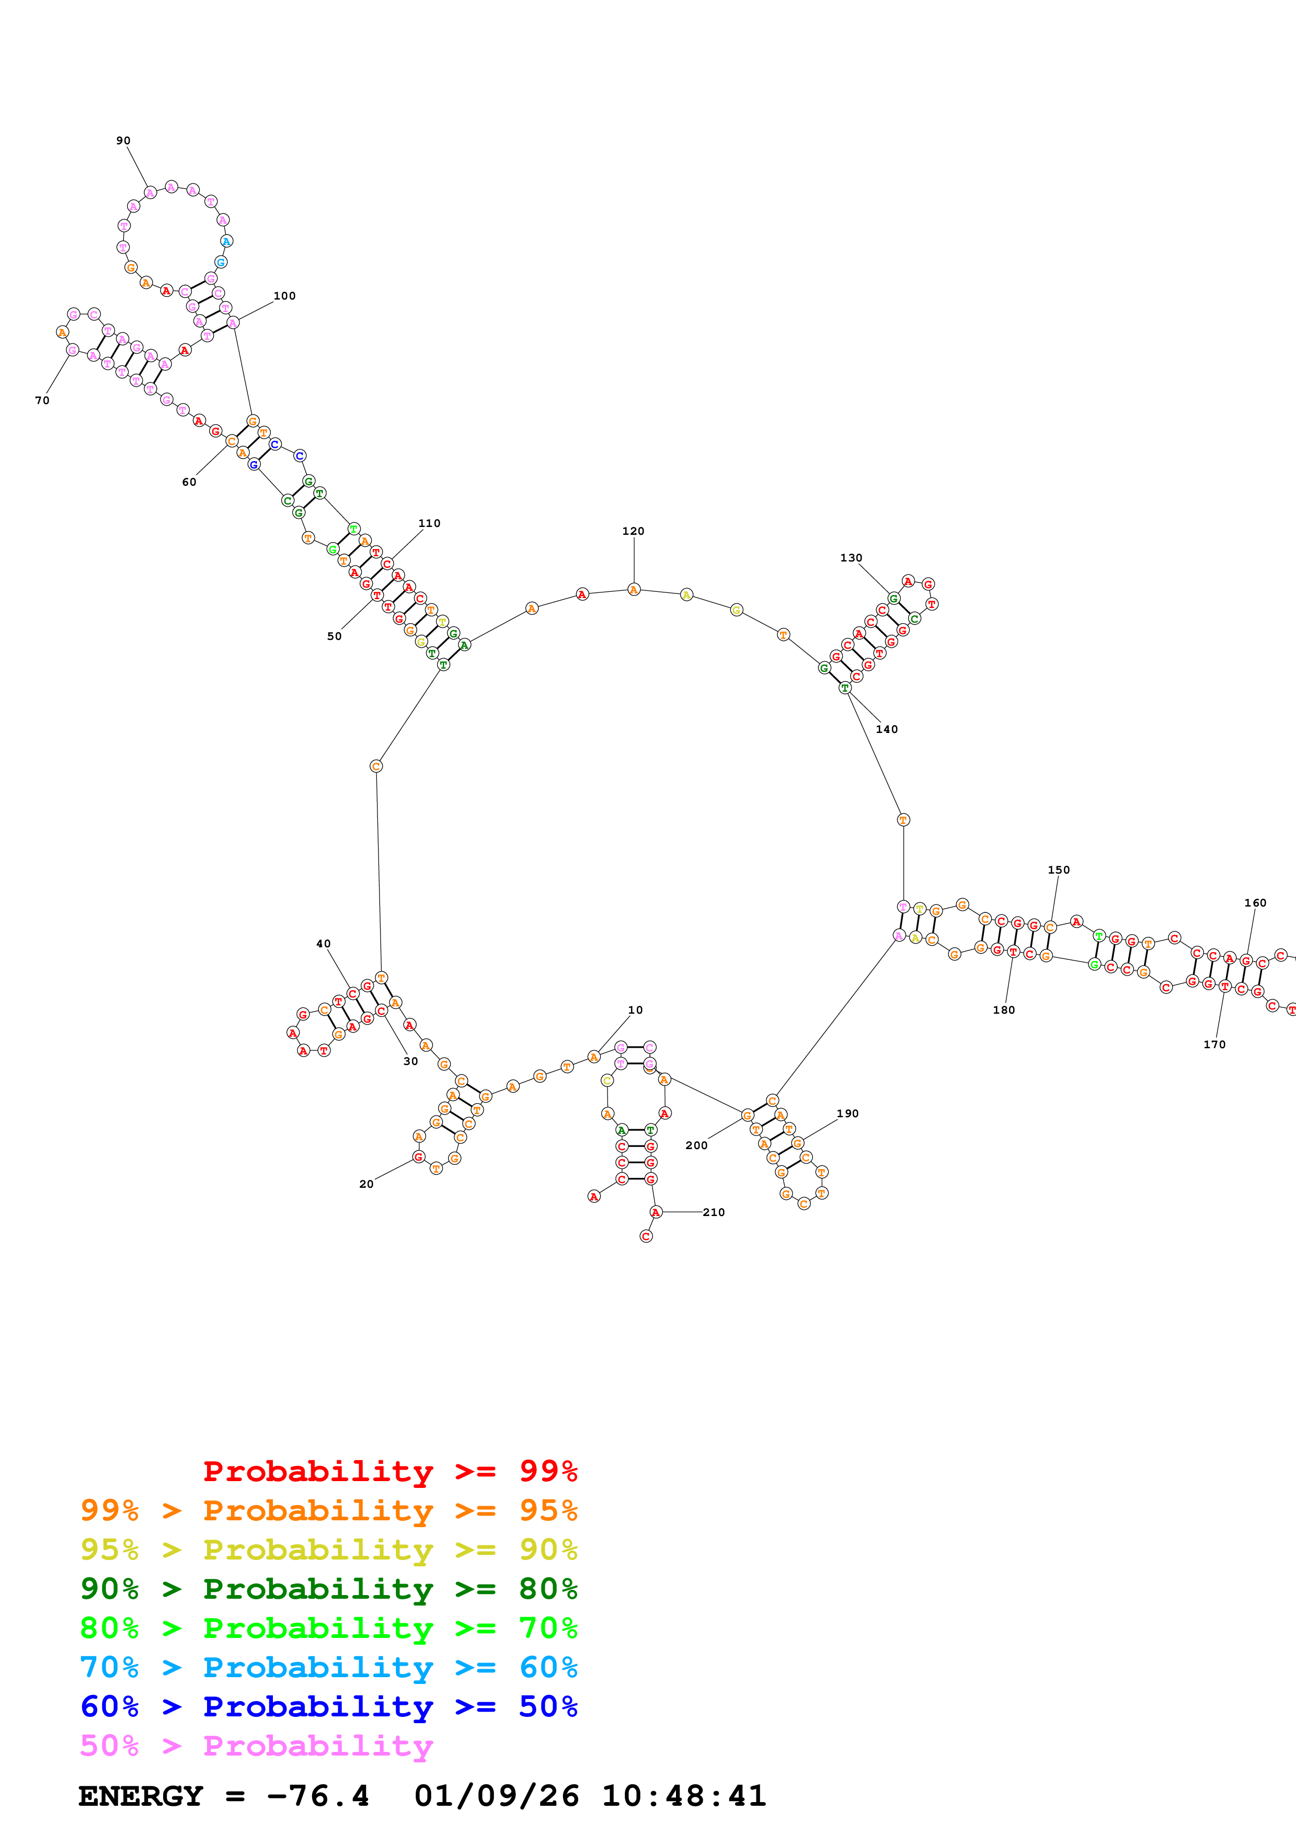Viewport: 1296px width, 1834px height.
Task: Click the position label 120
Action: coord(633,531)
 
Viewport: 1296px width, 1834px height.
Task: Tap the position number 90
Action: coord(123,141)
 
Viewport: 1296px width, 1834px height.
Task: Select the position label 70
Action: coord(42,400)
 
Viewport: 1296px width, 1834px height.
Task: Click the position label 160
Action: coord(1255,902)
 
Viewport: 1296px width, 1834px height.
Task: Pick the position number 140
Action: coord(886,729)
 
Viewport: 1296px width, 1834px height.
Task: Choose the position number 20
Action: coord(366,1184)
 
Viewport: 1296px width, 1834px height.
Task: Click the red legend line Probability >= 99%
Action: coord(389,1471)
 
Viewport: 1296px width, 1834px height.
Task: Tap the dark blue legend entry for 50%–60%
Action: coord(328,1706)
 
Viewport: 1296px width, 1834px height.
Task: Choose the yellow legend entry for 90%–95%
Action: coord(328,1550)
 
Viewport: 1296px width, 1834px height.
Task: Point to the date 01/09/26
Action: coord(496,1796)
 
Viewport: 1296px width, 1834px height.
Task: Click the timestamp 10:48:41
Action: coord(683,1796)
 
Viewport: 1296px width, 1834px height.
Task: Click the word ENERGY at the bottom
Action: coord(141,1796)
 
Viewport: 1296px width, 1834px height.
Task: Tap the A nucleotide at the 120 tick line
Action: coord(633,590)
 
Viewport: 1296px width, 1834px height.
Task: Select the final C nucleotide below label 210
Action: coord(646,1236)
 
